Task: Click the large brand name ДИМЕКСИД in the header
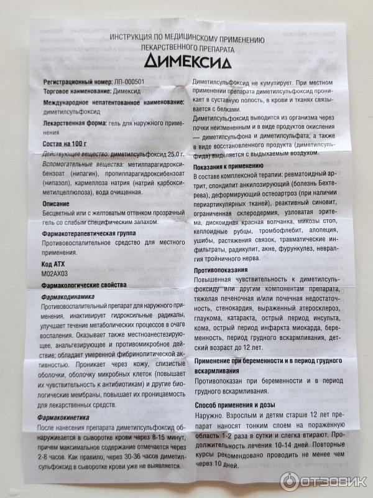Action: tap(187, 61)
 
